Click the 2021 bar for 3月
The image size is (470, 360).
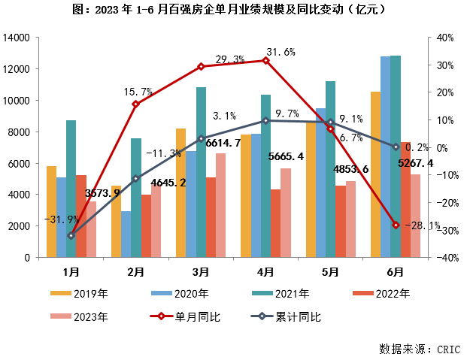click(201, 172)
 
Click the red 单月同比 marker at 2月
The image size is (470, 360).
click(136, 104)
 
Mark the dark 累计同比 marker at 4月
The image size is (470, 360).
click(265, 120)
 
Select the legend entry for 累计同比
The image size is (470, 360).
click(290, 316)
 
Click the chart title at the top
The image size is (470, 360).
click(234, 11)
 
